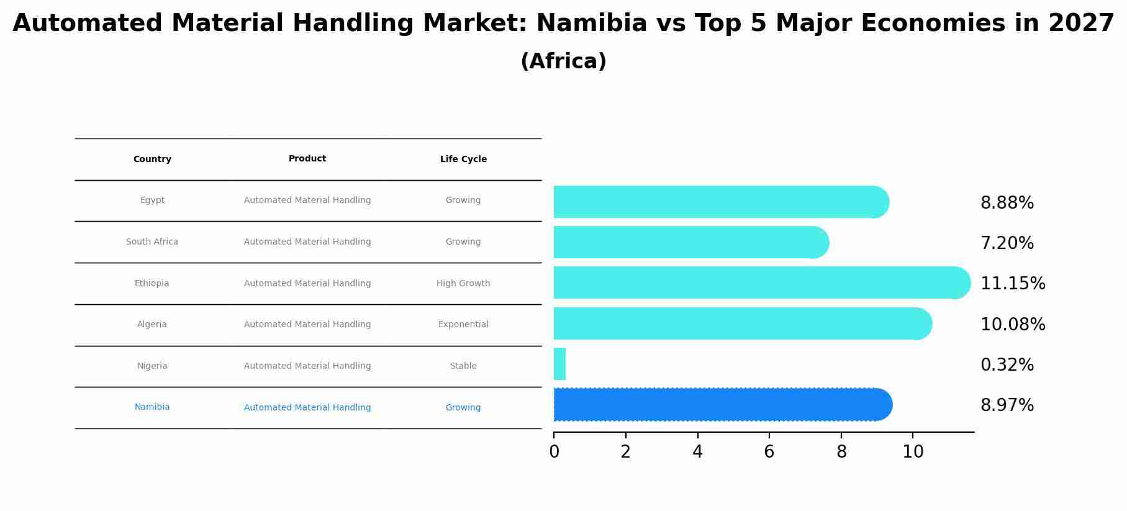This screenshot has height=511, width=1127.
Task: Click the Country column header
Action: (x=152, y=160)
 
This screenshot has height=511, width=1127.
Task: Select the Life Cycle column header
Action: (x=463, y=160)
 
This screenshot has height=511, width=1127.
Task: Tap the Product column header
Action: (x=307, y=159)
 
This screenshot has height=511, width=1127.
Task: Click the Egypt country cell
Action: (x=152, y=201)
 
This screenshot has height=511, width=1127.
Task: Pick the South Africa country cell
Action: (x=152, y=242)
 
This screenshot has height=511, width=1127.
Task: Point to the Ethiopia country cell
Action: (x=152, y=284)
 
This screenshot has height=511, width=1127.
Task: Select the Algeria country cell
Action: (x=152, y=325)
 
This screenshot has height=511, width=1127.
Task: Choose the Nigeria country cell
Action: (x=152, y=366)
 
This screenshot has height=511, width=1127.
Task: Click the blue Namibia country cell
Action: (x=152, y=407)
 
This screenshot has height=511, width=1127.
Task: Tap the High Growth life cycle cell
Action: (x=463, y=284)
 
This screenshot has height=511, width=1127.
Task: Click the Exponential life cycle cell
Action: (x=463, y=325)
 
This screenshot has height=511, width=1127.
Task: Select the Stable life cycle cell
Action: (x=463, y=366)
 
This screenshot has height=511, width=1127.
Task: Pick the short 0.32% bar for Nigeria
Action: (x=559, y=364)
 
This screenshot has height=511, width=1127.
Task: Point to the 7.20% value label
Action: (x=1007, y=243)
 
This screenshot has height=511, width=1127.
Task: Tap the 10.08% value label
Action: (x=1012, y=325)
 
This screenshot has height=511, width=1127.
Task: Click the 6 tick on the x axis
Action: (x=769, y=452)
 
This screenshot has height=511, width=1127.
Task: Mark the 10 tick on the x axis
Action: (x=913, y=452)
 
